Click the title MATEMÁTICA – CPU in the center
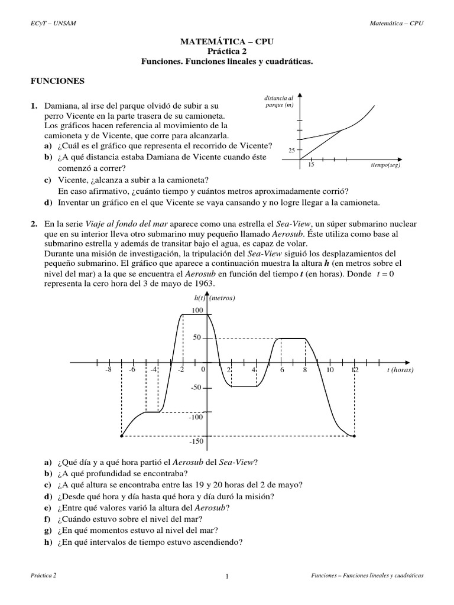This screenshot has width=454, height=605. (x=227, y=42)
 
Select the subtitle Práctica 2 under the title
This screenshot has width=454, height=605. (x=227, y=51)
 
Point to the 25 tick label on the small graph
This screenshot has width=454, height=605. (x=291, y=151)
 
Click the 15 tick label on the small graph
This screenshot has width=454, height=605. (x=311, y=165)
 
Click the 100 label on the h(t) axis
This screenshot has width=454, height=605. (x=197, y=310)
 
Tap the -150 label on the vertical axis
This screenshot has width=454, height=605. (x=197, y=441)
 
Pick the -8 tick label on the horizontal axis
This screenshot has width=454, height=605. (x=108, y=370)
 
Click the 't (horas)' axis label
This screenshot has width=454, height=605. (x=400, y=370)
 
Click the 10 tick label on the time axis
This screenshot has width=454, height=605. (x=330, y=370)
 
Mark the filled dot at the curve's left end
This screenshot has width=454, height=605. (x=121, y=437)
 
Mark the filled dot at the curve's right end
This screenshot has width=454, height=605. (x=354, y=437)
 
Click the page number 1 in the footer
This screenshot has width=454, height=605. (x=227, y=577)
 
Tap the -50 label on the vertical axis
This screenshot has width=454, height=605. (x=196, y=388)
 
